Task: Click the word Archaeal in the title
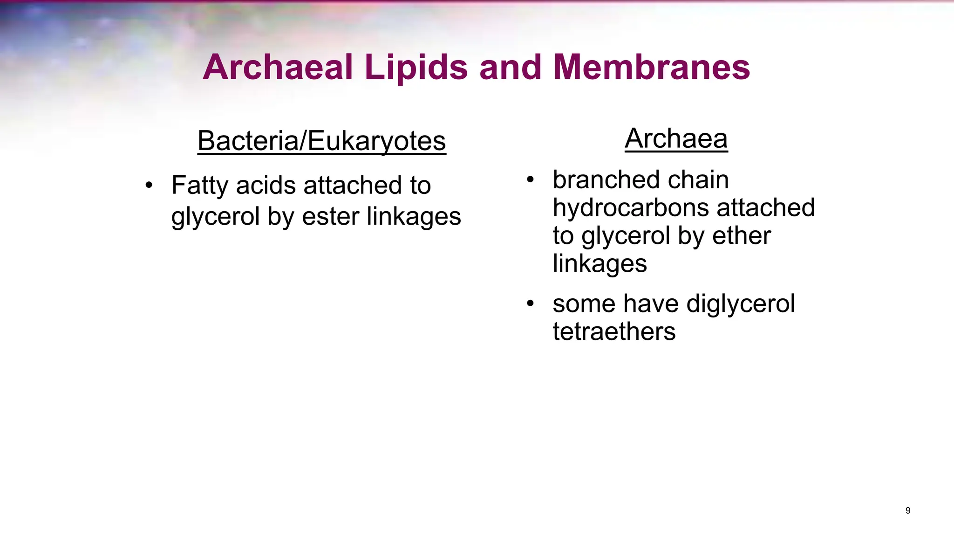(277, 68)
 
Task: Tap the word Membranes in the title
(652, 68)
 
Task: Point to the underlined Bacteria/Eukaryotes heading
(321, 141)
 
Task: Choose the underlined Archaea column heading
(676, 138)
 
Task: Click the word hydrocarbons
(631, 208)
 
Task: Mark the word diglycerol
(741, 304)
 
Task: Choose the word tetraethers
(614, 332)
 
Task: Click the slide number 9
(908, 510)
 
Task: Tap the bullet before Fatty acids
(149, 186)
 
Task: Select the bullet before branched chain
(530, 180)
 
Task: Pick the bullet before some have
(530, 304)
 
